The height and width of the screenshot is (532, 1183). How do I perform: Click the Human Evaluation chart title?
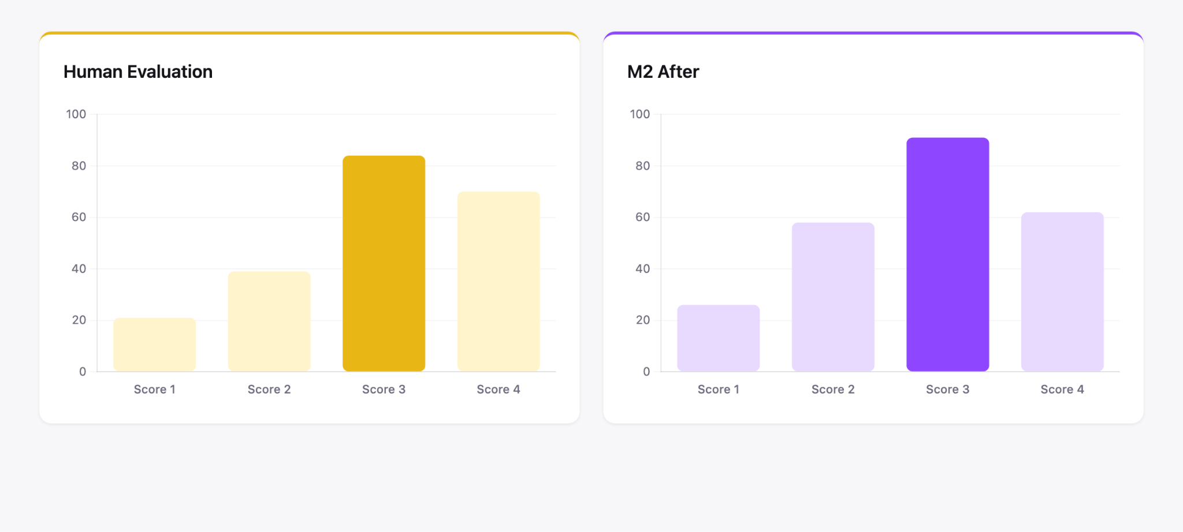tap(138, 72)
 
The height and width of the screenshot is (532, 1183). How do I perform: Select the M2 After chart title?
tap(663, 72)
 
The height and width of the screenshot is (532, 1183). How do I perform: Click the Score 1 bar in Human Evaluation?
tap(154, 344)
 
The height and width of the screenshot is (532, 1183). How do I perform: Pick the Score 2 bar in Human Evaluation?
tap(269, 321)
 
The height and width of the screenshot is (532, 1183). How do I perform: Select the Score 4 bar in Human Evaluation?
tap(499, 281)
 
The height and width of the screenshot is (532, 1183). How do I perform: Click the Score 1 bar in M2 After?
tap(718, 338)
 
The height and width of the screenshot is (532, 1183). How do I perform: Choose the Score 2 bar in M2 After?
tap(833, 297)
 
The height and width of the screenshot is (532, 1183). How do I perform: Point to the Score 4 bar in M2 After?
tap(1062, 291)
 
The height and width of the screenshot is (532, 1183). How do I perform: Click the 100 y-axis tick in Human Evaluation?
tap(76, 114)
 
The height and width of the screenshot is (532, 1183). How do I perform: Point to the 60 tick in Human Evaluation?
tap(79, 217)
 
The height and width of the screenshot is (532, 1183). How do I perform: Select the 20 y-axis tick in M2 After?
tap(642, 320)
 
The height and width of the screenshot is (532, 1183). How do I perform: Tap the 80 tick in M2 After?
tap(642, 166)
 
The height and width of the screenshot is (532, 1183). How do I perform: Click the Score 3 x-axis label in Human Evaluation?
tap(384, 389)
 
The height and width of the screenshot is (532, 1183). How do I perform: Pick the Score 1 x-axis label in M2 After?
tap(718, 389)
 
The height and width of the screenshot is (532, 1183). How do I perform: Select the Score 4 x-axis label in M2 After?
tap(1062, 389)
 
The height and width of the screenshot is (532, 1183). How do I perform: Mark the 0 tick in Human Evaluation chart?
tap(83, 372)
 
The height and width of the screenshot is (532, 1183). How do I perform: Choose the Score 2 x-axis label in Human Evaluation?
tap(269, 389)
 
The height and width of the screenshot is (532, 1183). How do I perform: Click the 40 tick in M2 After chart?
tap(642, 269)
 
